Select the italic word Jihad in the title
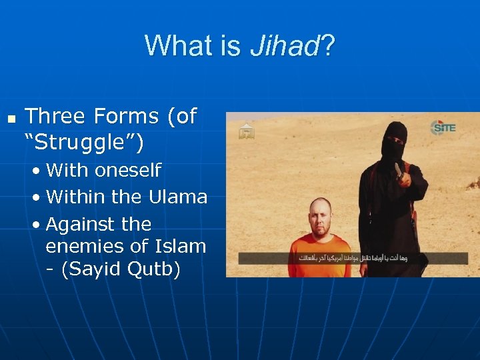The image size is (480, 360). point(285,46)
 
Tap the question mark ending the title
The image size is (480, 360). point(329,46)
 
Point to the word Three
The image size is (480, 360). point(56,117)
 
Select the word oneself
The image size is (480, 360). point(128,171)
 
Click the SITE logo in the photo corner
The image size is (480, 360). point(443,127)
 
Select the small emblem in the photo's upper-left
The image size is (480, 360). point(247,131)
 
